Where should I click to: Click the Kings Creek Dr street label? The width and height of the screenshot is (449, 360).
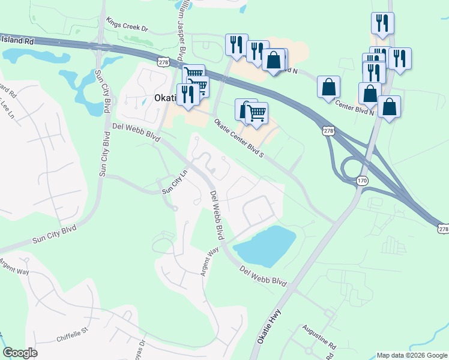pyautogui.click(x=127, y=23)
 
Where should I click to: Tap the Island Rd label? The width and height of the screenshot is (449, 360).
pyautogui.click(x=17, y=41)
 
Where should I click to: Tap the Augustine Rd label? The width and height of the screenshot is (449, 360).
pyautogui.click(x=319, y=338)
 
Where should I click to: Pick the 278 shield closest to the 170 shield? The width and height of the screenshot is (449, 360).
pyautogui.click(x=328, y=131)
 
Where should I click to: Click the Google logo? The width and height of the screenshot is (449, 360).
pyautogui.click(x=20, y=353)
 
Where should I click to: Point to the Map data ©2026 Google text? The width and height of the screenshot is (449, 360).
pyautogui.click(x=412, y=355)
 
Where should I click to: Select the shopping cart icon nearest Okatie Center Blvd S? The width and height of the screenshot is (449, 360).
pyautogui.click(x=256, y=112)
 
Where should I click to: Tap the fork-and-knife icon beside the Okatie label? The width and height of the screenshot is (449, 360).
pyautogui.click(x=187, y=94)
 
